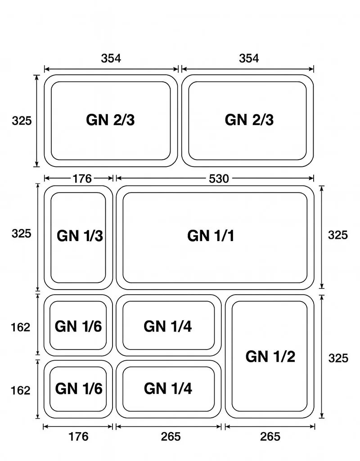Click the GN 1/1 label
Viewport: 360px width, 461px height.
(211, 236)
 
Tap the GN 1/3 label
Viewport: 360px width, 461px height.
(80, 236)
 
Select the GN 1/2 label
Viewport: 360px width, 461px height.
(270, 357)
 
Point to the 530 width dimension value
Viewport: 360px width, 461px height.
(219, 179)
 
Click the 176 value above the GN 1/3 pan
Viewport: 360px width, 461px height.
(82, 179)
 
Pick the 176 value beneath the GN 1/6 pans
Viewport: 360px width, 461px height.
(78, 436)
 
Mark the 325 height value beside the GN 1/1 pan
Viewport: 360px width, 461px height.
(338, 235)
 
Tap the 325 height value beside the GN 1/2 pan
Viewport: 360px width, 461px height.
(338, 358)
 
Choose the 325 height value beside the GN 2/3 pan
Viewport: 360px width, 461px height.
(22, 121)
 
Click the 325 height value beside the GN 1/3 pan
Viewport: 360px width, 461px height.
(22, 234)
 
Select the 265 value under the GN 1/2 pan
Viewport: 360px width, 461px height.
(270, 436)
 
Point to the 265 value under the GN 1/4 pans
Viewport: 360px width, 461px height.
(171, 436)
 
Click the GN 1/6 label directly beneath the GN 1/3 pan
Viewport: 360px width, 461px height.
(78, 327)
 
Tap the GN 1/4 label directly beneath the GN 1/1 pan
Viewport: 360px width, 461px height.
(168, 327)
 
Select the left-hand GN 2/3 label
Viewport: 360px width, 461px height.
(110, 120)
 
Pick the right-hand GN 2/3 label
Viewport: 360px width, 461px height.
(249, 120)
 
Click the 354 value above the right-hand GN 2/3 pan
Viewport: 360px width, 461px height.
(249, 58)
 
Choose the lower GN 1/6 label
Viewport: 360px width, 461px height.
(78, 388)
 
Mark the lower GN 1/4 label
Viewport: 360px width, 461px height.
(168, 388)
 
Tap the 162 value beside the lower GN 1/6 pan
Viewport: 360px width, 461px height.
(21, 390)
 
